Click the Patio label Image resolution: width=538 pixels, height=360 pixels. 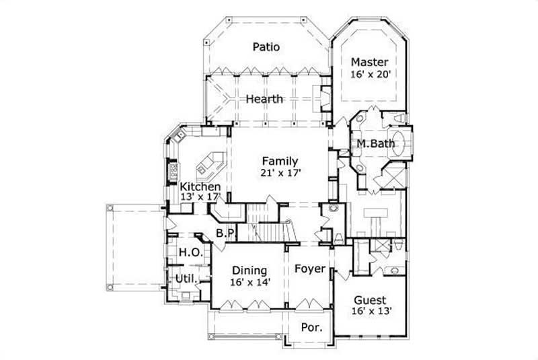(266, 47)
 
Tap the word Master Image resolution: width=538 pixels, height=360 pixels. (370, 63)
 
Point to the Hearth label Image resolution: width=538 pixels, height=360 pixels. (264, 99)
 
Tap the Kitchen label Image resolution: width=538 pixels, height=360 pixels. (200, 186)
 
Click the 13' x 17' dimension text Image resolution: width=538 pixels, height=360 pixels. (200, 197)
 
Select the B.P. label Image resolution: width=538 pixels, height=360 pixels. (225, 233)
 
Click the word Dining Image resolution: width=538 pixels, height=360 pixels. (249, 271)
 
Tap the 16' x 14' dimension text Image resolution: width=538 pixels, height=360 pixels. (249, 283)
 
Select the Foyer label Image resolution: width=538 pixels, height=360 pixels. (310, 269)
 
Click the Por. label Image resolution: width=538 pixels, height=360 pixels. (312, 328)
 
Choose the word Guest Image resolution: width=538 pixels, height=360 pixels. (369, 300)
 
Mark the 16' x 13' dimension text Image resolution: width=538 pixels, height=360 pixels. (369, 312)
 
